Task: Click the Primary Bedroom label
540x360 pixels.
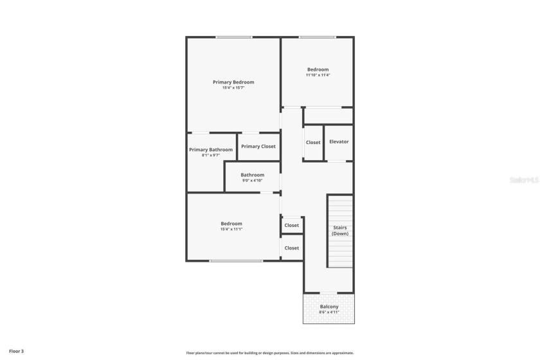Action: (233, 82)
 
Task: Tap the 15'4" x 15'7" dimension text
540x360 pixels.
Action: (233, 87)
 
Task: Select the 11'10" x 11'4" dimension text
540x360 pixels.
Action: (318, 75)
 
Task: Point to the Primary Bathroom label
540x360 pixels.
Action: (211, 150)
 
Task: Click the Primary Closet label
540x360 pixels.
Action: (258, 147)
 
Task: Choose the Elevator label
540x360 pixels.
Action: (339, 141)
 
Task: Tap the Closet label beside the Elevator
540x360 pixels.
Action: (313, 143)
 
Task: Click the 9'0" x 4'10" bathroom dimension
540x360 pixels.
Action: (252, 181)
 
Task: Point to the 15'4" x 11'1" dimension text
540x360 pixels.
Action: (231, 229)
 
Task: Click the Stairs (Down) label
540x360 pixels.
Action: (340, 231)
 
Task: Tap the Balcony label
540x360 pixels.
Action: (329, 307)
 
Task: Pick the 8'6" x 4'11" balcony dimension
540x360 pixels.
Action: (329, 312)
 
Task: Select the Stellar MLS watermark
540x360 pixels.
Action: (523, 181)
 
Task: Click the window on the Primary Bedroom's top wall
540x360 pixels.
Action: (233, 37)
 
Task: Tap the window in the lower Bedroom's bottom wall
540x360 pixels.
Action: (236, 260)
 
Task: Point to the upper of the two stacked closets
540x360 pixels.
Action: (292, 225)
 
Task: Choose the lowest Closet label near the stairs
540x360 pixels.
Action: (292, 248)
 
